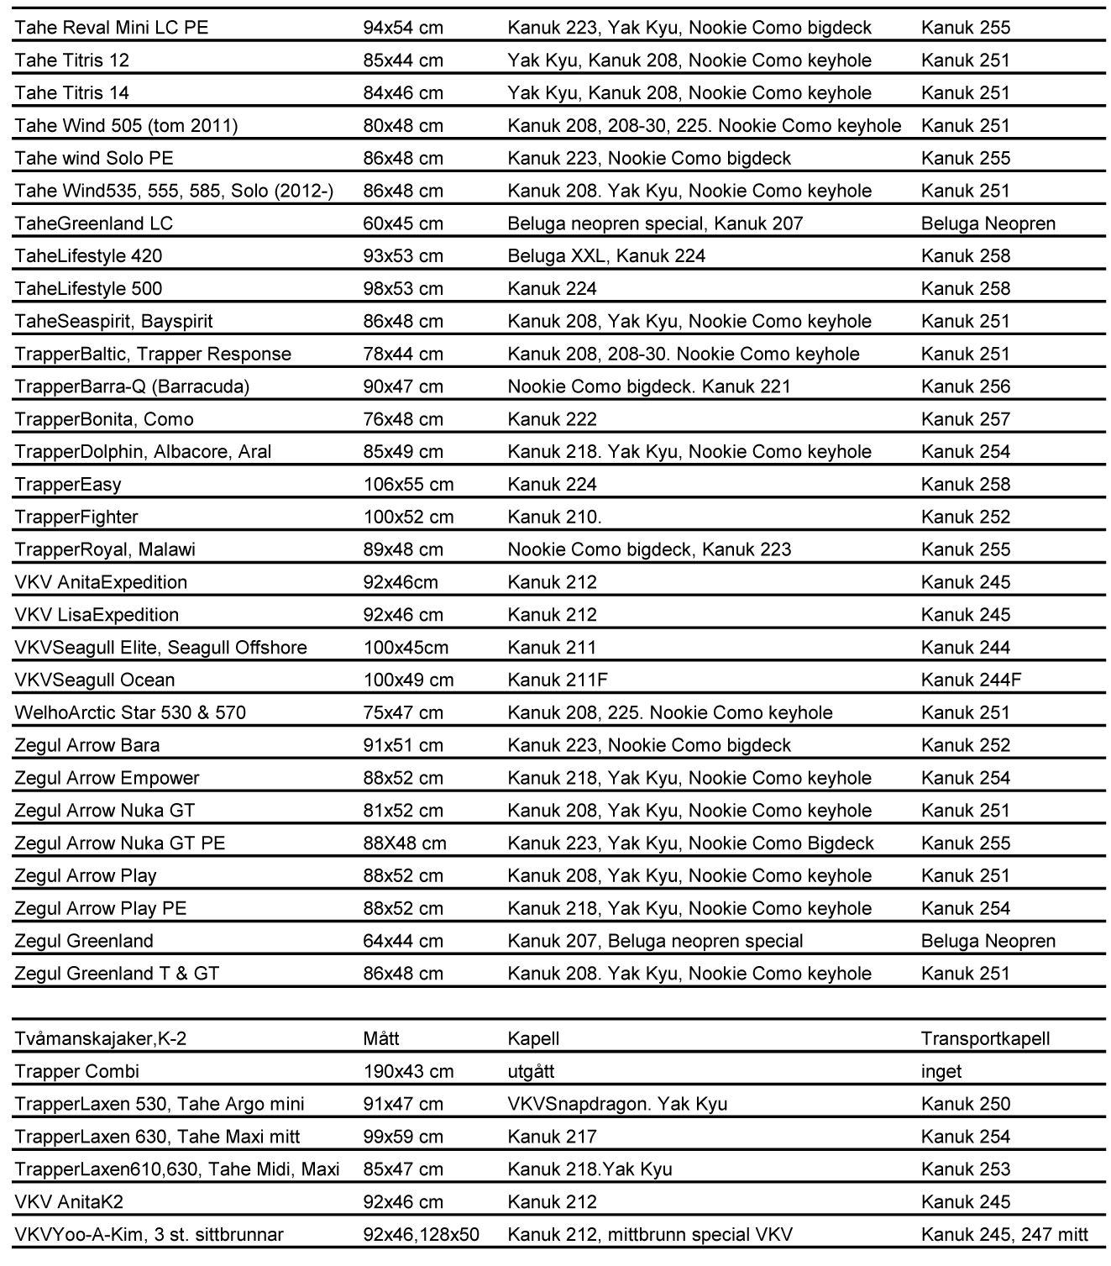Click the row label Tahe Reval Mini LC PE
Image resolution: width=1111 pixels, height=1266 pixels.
(x=112, y=28)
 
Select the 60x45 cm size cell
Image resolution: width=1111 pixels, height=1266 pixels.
(x=403, y=223)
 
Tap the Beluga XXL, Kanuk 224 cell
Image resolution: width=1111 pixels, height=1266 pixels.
(x=606, y=256)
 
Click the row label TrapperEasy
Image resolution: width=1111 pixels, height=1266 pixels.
(x=68, y=485)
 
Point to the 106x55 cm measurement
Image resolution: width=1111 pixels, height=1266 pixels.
(x=408, y=485)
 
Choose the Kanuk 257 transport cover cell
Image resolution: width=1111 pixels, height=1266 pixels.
(x=966, y=419)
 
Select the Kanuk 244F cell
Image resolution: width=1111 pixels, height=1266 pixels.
(x=971, y=680)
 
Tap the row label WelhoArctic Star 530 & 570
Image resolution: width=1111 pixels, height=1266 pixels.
(x=130, y=713)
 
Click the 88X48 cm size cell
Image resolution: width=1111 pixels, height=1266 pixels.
(x=403, y=843)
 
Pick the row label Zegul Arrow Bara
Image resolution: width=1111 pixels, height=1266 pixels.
(x=87, y=746)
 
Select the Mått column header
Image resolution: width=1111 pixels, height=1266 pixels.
(x=381, y=1039)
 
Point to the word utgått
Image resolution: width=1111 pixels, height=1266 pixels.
(x=531, y=1072)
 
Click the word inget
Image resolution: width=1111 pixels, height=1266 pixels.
(x=941, y=1072)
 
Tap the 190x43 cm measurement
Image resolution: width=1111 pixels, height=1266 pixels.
(x=408, y=1072)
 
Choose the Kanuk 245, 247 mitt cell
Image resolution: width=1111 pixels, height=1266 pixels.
(x=1004, y=1235)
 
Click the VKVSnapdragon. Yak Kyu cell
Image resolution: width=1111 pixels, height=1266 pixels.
(x=617, y=1105)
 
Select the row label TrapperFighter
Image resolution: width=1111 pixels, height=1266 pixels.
(x=76, y=517)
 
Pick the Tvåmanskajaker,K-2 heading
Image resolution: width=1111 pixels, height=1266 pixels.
(x=101, y=1039)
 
